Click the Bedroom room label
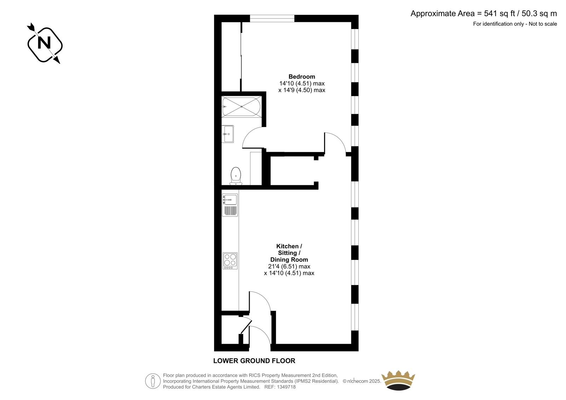coord(302,76)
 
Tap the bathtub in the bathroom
coord(241,107)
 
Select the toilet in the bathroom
coord(236,176)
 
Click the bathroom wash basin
coord(228,134)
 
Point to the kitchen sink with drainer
coord(230,205)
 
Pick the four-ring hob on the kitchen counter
coord(230,261)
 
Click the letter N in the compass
coord(44,42)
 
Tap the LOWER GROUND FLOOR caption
coord(254,361)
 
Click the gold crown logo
coord(398,380)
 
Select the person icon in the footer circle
coord(152,381)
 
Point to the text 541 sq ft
coord(499,14)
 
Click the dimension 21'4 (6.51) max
coord(289,266)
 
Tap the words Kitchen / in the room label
coord(289,246)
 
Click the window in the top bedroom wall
coord(272,18)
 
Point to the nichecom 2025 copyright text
coord(362,381)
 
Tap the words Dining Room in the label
coord(289,260)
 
